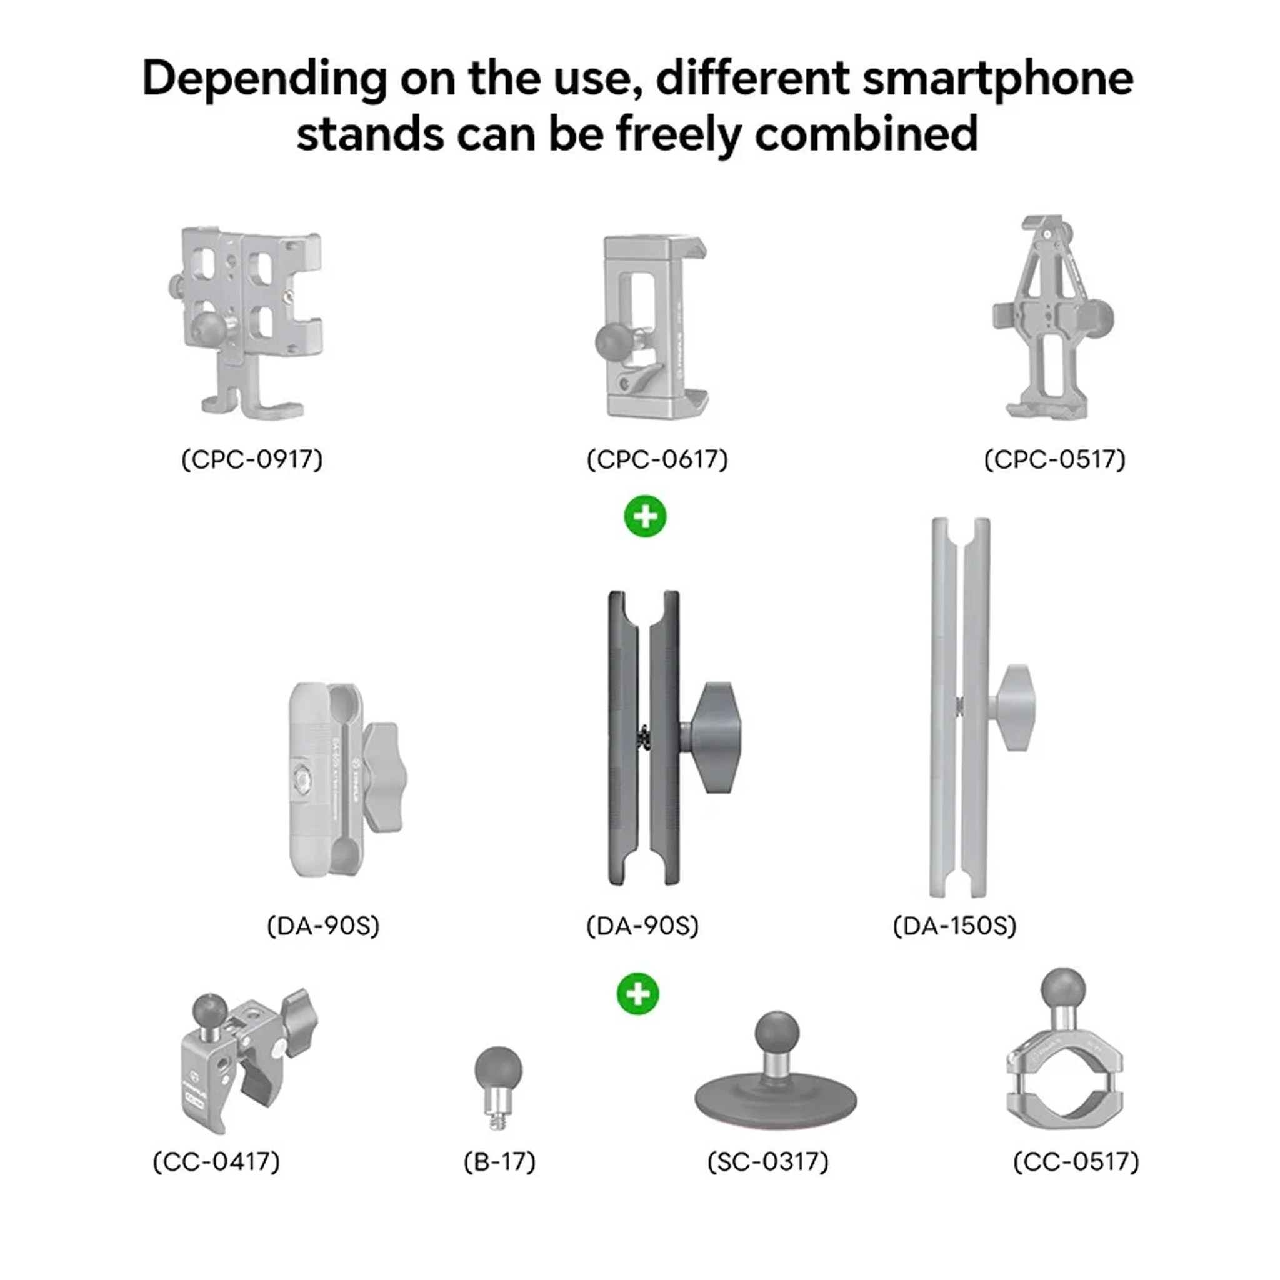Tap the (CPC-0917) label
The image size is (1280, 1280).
(252, 459)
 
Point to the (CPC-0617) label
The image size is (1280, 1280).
(657, 459)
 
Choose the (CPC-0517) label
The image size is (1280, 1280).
(1055, 459)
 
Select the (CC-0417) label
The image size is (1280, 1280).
(217, 1161)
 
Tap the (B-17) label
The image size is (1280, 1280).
(499, 1161)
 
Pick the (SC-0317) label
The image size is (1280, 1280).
(768, 1161)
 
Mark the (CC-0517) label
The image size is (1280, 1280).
(1076, 1161)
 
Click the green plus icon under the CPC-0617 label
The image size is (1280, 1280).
(645, 516)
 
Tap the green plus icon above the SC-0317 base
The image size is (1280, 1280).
(638, 994)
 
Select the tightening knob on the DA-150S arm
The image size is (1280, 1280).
(1013, 707)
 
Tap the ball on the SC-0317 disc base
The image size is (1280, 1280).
(776, 1034)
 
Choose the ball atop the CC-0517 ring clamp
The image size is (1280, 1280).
(1062, 989)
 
